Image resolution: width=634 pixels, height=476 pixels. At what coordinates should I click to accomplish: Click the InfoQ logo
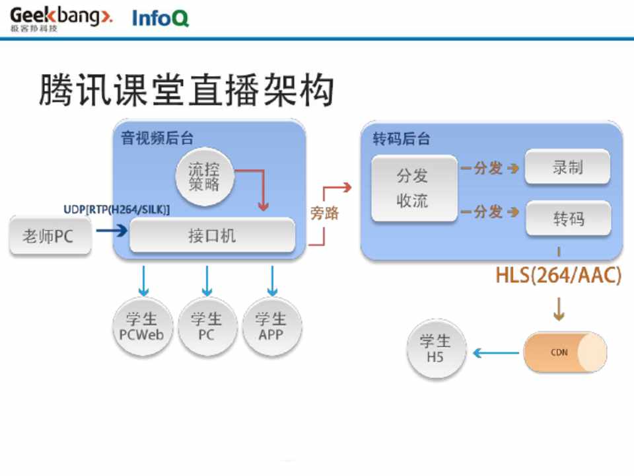pos(160,18)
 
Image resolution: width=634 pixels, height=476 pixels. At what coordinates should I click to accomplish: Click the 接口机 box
pos(212,236)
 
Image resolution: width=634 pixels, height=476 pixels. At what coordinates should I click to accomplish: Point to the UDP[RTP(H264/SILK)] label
pos(117,210)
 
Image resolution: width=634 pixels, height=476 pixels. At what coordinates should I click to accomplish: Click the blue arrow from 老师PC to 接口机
pos(111,231)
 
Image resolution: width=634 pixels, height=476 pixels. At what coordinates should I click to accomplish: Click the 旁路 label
pos(324,213)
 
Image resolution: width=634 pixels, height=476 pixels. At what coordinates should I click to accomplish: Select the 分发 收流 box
pos(413,188)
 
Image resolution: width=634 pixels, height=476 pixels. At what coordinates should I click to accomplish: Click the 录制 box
pos(567,168)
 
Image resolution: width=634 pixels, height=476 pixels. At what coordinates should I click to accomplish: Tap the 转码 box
pos(568,219)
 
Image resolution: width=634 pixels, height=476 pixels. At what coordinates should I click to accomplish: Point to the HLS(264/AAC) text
pos(559,276)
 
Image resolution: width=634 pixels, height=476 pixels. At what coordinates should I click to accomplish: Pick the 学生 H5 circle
pos(435,350)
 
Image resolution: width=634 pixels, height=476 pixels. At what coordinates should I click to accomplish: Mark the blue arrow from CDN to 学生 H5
pos(496,353)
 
